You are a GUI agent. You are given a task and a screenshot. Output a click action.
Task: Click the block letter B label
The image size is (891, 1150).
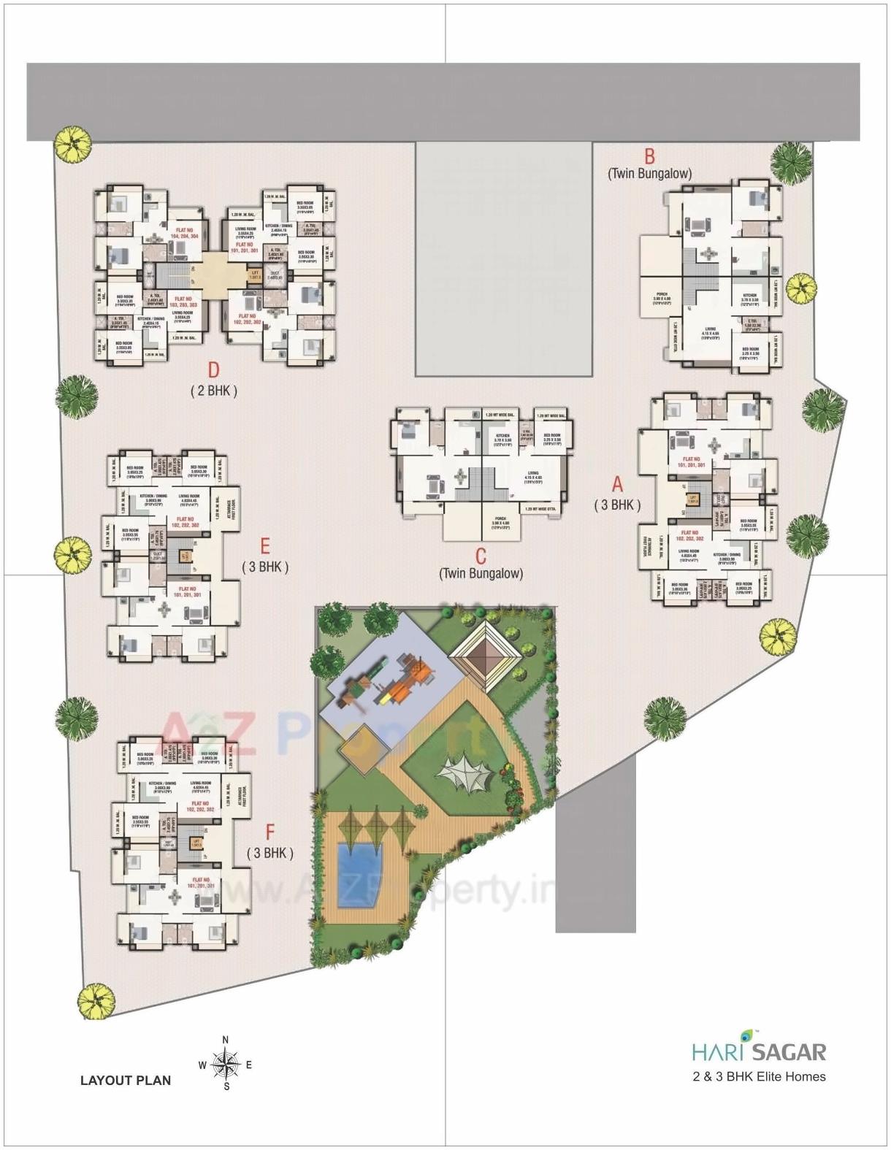(x=649, y=156)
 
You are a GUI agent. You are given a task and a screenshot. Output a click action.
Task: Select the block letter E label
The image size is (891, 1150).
(x=265, y=546)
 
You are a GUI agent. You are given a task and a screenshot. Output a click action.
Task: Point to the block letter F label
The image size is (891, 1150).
(x=270, y=832)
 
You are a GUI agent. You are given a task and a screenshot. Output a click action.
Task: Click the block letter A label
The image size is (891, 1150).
(x=618, y=483)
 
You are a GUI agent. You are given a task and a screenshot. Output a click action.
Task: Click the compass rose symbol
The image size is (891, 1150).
(x=226, y=1064)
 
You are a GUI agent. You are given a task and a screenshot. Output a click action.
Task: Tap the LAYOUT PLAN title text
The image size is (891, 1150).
(x=126, y=1080)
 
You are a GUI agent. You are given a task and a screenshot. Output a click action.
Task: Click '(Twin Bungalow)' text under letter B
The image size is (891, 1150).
(x=649, y=174)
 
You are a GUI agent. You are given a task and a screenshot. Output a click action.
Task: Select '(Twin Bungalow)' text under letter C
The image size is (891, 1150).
(x=481, y=574)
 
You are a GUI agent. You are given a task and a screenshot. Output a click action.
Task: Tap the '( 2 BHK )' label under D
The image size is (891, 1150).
(x=214, y=391)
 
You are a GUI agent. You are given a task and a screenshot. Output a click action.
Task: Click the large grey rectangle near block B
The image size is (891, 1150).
(x=503, y=259)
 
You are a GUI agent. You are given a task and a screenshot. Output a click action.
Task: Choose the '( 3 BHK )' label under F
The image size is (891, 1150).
(x=270, y=852)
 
